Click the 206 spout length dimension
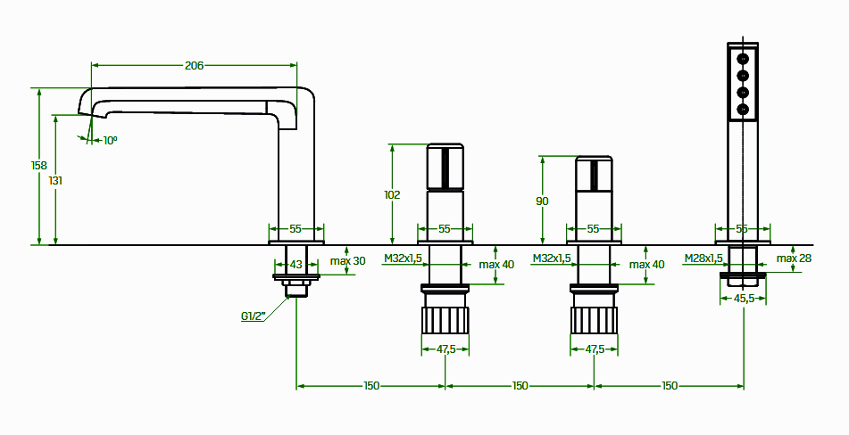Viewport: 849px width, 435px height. [x=194, y=65]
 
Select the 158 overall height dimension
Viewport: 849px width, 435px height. [x=38, y=166]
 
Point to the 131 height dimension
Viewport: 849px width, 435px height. [x=55, y=180]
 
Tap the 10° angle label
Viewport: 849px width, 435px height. [x=110, y=140]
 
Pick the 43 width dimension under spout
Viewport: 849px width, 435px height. [x=296, y=265]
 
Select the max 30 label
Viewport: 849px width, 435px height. [x=347, y=261]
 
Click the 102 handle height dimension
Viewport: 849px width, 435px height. [x=391, y=194]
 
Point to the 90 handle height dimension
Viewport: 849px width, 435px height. [x=542, y=201]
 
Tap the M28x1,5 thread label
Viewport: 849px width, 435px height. [x=703, y=259]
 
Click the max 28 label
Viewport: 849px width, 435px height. [x=794, y=259]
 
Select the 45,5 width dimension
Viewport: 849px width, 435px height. [x=744, y=299]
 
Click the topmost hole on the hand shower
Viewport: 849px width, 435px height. [x=743, y=56]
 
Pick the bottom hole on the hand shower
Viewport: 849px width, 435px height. [x=743, y=109]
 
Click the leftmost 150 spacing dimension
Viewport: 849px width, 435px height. [x=371, y=386]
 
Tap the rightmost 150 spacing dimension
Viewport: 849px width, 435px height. [x=670, y=386]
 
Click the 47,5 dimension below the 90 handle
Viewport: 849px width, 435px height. [x=594, y=349]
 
